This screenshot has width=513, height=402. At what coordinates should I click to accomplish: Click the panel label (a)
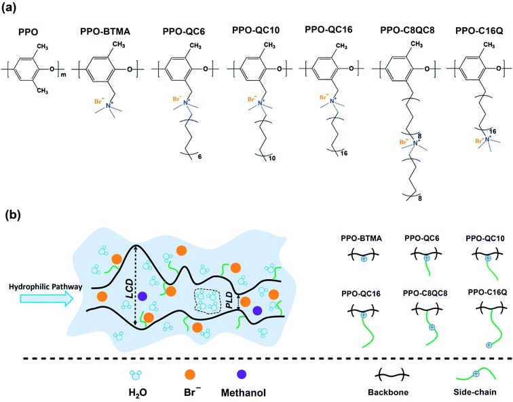point(14,10)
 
